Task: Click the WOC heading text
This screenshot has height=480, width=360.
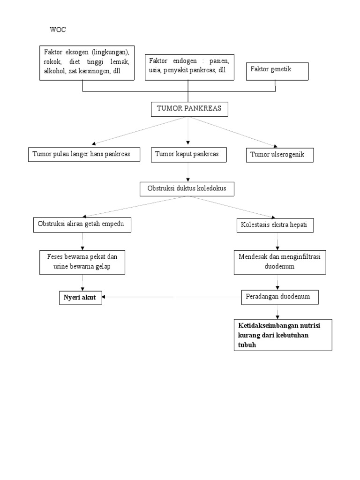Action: [x=58, y=30]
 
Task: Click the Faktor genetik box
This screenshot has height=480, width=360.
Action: [x=277, y=71]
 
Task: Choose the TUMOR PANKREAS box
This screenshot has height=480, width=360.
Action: [x=189, y=109]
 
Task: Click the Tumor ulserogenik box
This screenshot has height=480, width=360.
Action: [x=280, y=155]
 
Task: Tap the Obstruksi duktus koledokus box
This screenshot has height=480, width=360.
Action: [x=187, y=188]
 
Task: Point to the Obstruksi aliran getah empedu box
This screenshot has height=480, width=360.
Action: [x=82, y=225]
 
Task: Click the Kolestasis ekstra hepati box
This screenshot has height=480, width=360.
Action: [x=274, y=225]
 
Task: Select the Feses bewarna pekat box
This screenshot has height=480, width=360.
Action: [x=82, y=262]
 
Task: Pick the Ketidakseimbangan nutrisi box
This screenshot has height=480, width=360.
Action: [x=283, y=335]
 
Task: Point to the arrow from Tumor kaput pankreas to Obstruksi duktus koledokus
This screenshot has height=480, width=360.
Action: [x=188, y=172]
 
